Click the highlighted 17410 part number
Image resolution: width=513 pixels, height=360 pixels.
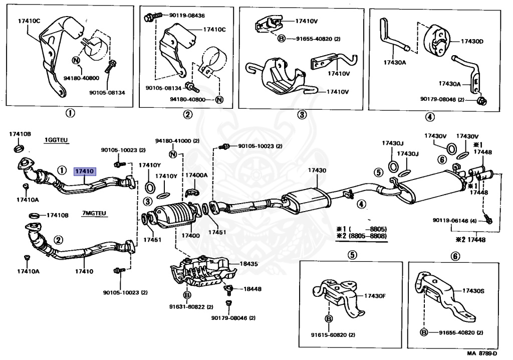click(85, 171)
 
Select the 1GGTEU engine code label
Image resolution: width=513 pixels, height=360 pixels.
click(56, 140)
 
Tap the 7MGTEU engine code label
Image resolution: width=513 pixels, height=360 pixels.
click(94, 213)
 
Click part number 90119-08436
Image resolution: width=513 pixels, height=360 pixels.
click(187, 15)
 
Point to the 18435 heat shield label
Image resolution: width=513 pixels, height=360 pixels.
click(248, 264)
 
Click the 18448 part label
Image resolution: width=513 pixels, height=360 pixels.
click(252, 289)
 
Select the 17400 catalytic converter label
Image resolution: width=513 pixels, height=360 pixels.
click(190, 235)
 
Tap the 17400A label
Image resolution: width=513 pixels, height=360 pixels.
click(196, 175)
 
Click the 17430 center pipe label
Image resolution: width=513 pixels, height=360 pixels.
click(317, 170)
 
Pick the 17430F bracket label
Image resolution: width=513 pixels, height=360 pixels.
click(375, 296)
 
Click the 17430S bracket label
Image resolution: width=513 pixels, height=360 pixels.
click(473, 290)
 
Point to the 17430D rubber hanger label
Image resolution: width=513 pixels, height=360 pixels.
click(472, 41)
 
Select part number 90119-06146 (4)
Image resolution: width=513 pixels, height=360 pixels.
click(455, 221)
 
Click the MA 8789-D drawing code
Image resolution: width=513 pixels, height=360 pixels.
click(482, 353)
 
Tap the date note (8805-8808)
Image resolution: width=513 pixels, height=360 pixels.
click(368, 236)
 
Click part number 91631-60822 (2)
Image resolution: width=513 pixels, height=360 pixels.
click(191, 307)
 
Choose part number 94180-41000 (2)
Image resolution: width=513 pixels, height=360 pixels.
click(177, 141)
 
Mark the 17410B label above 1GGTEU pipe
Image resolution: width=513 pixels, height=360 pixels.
click(20, 134)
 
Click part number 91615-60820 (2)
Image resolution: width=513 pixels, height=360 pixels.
click(333, 335)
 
